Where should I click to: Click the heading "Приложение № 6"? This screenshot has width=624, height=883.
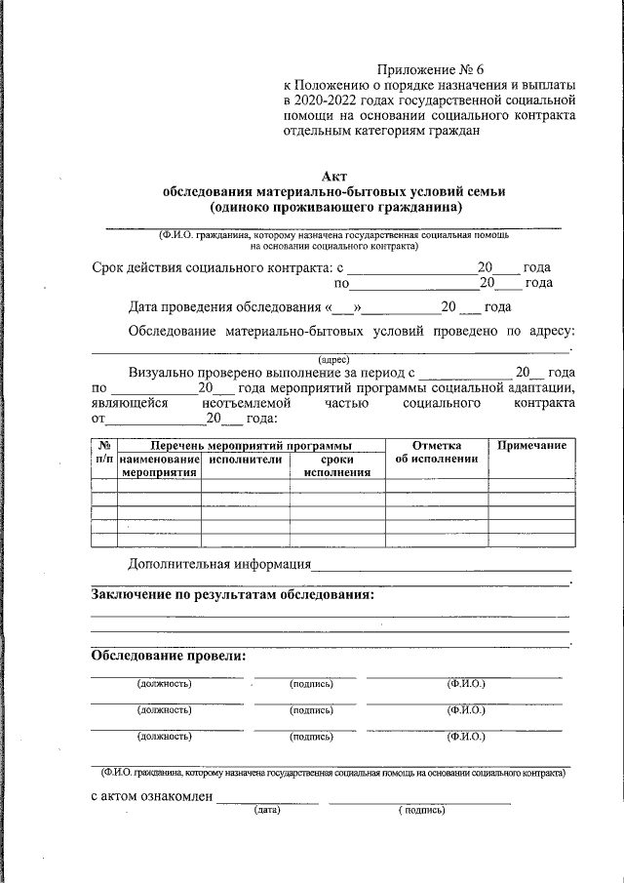(x=431, y=70)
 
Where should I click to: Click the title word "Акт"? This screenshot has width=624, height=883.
(x=334, y=176)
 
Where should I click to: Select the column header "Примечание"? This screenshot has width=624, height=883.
(x=531, y=446)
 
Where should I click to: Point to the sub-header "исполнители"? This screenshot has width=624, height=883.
(x=245, y=459)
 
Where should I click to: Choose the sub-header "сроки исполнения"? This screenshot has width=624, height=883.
(x=336, y=465)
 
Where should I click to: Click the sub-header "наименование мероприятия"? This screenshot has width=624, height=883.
(x=160, y=465)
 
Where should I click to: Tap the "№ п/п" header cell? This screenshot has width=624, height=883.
(x=103, y=452)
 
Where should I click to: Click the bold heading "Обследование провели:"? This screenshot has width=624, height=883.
(x=169, y=656)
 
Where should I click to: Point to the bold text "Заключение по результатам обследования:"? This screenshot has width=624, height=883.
(x=232, y=593)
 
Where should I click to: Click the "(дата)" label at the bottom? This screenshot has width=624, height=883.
(x=266, y=810)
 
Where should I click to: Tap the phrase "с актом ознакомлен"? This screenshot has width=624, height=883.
(x=151, y=796)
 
